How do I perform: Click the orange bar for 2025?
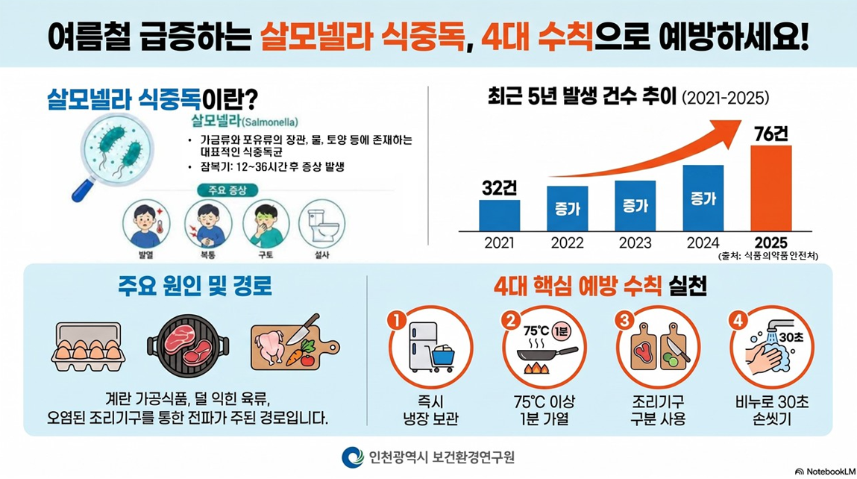coord(770,188)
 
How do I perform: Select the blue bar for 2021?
coord(500,216)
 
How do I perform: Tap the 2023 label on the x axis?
coord(635,242)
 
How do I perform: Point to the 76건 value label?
coord(771,134)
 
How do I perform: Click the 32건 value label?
coord(499,188)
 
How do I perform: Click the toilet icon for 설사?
coord(322,224)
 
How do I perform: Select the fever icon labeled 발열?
coord(146,224)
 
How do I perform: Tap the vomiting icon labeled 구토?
coord(266,224)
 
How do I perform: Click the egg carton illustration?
coord(88,347)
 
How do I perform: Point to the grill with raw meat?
coord(188,345)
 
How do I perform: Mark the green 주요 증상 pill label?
coord(227,190)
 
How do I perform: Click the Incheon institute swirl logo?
coord(353,457)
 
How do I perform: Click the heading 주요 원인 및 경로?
coord(195,286)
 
